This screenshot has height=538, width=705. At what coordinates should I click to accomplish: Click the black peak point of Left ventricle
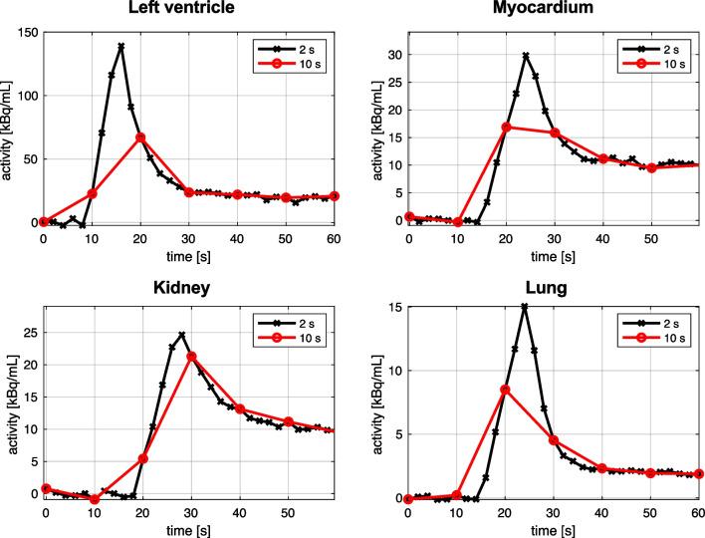coord(120,46)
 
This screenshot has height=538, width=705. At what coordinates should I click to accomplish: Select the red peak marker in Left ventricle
coord(140,136)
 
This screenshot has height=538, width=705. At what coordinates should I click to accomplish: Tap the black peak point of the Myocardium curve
coord(525,56)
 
